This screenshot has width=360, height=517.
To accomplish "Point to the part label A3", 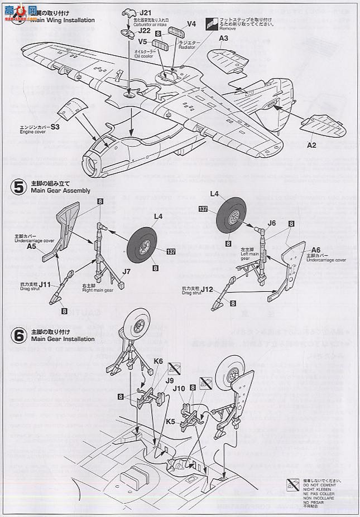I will coord(224,38).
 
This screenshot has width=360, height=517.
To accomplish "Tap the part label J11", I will coord(45,284).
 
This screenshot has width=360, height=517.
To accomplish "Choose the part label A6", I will coord(316,250).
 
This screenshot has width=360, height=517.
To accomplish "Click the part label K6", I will coord(159,361).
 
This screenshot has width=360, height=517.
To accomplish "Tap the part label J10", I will coord(179,387).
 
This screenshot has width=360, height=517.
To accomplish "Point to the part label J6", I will coord(272,223).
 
